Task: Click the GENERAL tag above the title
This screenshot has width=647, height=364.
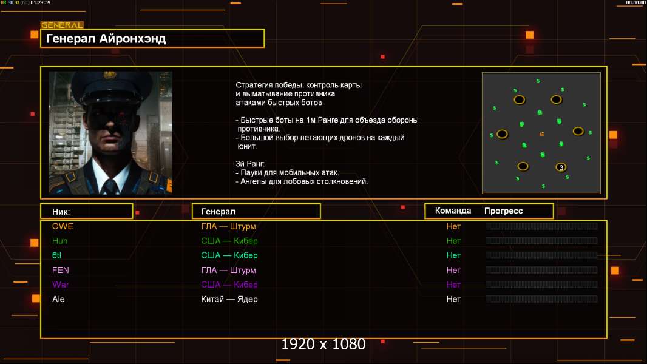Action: [62, 25]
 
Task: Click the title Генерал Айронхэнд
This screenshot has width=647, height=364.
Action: [106, 39]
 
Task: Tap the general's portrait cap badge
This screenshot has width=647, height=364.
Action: [109, 75]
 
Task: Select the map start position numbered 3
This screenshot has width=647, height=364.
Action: [561, 167]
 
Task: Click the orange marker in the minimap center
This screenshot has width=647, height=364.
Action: [542, 133]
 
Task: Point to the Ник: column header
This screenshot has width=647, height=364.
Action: [61, 212]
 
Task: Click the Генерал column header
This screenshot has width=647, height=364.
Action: [218, 212]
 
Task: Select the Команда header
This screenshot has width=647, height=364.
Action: [453, 211]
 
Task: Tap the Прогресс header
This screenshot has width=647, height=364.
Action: [503, 211]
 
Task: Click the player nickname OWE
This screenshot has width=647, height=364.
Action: [63, 226]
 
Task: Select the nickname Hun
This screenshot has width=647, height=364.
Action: [60, 241]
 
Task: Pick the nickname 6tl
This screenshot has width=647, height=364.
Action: [56, 255]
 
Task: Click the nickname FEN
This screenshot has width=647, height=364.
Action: [61, 270]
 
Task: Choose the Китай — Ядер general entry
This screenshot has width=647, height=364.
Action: [229, 299]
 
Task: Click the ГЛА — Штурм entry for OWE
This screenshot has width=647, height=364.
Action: [229, 226]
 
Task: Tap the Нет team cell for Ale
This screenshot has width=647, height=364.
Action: [453, 299]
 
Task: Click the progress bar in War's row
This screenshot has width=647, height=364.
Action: [541, 285]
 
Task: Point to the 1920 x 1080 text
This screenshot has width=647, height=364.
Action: [323, 344]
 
